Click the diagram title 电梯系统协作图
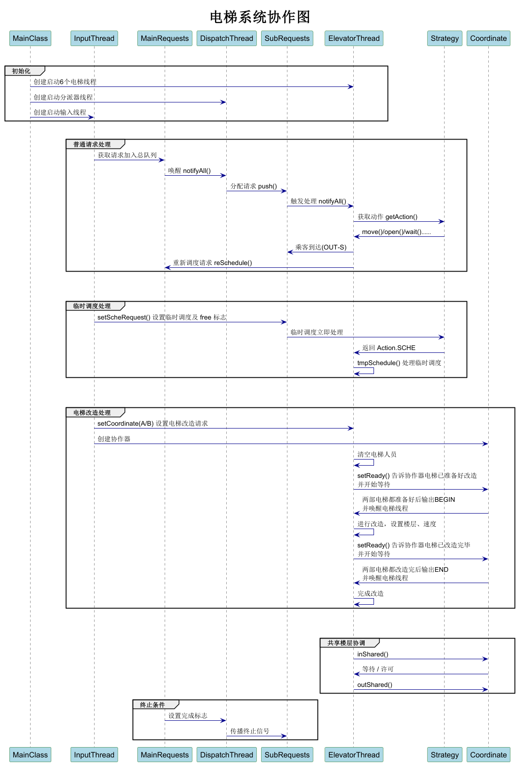(260, 17)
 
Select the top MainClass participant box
(30, 39)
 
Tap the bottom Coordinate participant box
(488, 755)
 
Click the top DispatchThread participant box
(226, 39)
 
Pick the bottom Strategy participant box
(445, 755)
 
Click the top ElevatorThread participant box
(354, 39)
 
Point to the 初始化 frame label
(21, 71)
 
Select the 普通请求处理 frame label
(92, 144)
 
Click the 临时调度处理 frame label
(92, 306)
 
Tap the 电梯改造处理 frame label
(92, 413)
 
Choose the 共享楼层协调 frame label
(346, 643)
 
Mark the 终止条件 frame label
(152, 705)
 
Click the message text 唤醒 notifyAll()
(189, 171)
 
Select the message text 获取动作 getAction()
(387, 217)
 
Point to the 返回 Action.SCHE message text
(389, 348)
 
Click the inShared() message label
(373, 654)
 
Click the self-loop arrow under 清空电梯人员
(365, 463)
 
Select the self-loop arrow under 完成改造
(365, 602)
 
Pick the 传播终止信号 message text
(249, 731)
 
